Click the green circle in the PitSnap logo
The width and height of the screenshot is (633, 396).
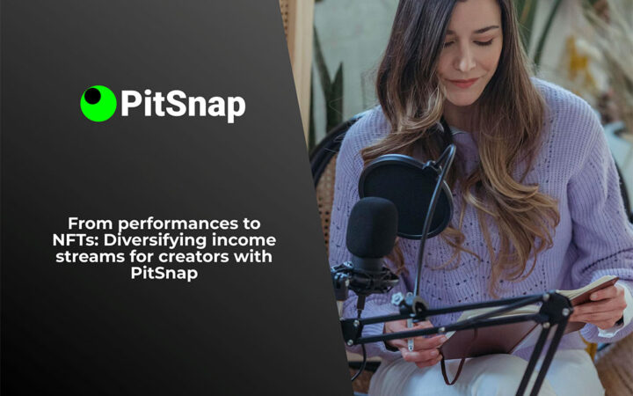pos(98,104)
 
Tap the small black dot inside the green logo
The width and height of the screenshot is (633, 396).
pos(91,95)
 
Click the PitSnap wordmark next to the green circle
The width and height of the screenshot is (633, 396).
pos(183,104)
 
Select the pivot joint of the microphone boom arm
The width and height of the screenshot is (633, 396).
pos(556,307)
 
